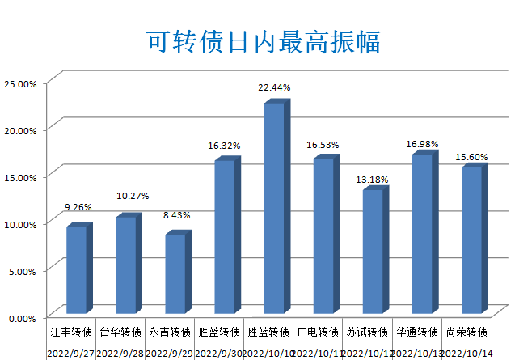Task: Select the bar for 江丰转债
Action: [76, 269]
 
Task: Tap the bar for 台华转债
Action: [125, 265]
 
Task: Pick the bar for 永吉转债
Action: [175, 273]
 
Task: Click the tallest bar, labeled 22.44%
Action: [274, 208]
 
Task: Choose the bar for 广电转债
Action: [323, 235]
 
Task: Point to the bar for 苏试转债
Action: [373, 252]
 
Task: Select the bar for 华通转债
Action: [422, 234]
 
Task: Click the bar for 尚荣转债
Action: [471, 240]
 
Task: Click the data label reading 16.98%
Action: [422, 144]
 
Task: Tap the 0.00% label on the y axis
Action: [22, 317]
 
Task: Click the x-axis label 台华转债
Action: [120, 332]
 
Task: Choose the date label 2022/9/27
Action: [71, 353]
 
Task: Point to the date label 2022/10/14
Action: [466, 353]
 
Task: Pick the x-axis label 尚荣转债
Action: [466, 332]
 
